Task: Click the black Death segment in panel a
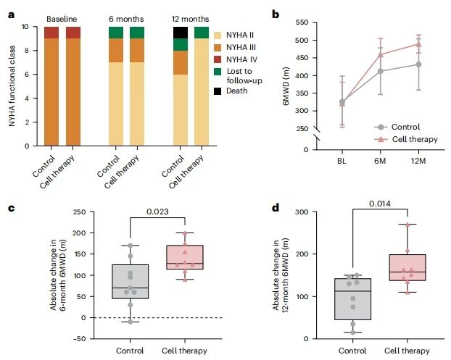(181, 33)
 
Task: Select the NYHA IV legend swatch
(218, 59)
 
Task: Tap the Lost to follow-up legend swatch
(218, 72)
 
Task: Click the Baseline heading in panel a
(62, 19)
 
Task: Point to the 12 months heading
(191, 19)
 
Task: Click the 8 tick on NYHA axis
(25, 51)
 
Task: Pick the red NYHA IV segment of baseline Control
(51, 33)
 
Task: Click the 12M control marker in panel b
(418, 64)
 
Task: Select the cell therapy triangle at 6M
(381, 54)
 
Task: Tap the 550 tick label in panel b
(302, 22)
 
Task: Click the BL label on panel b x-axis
(342, 161)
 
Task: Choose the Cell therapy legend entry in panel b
(406, 139)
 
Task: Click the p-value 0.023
(157, 212)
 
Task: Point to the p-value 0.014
(380, 204)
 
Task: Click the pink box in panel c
(185, 257)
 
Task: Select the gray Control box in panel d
(353, 299)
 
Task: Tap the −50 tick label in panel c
(79, 339)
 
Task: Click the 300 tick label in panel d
(302, 212)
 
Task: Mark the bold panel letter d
(276, 208)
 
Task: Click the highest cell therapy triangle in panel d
(407, 225)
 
